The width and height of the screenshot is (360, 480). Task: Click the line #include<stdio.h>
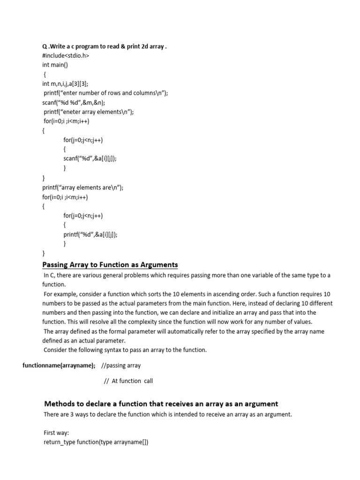click(x=65, y=56)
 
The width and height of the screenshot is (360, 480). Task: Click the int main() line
click(x=55, y=65)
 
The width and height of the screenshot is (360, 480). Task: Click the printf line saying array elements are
click(x=83, y=187)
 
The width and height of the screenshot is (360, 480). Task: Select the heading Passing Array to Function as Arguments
click(x=110, y=265)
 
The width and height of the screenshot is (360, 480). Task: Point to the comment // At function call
click(x=128, y=381)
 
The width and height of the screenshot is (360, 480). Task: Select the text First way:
click(x=56, y=433)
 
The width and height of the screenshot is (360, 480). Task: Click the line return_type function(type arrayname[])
click(x=96, y=442)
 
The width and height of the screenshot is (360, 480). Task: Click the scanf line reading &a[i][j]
click(x=90, y=158)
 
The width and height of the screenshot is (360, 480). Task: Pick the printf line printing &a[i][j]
click(x=90, y=234)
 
